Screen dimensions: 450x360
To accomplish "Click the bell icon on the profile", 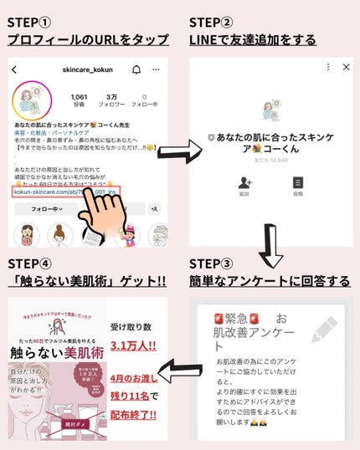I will coord(136,69).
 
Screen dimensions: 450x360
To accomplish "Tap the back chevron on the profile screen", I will coord(14,70).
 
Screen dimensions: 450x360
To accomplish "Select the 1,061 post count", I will coord(80,97).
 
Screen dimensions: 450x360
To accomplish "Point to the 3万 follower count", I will coord(112,97).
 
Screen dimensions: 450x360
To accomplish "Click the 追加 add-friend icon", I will coord(244,185).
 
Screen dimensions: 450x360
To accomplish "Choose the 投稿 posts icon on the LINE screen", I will coord(297,185).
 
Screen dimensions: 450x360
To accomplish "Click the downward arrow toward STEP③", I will coord(270,244).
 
